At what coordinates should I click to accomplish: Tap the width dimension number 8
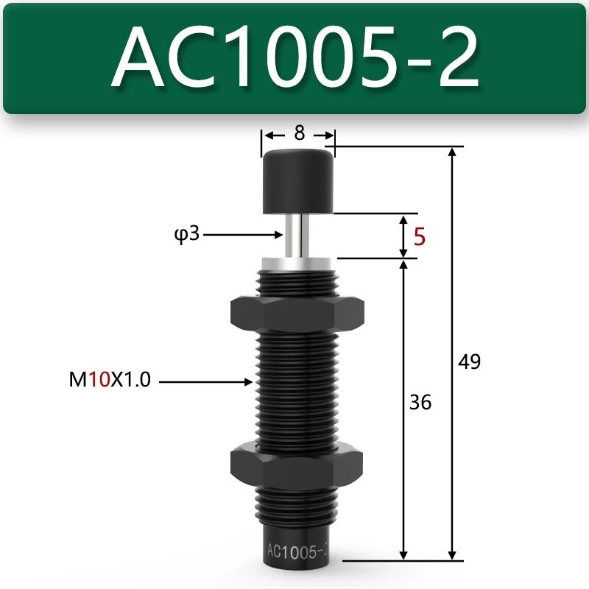[299, 133]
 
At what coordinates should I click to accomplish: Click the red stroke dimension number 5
[420, 236]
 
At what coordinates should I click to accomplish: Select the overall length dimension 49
[469, 361]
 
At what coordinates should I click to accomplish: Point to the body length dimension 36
[420, 403]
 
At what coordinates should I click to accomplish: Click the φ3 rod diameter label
[188, 236]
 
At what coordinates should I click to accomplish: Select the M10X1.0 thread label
[108, 381]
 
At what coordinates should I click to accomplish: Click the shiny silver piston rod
[297, 233]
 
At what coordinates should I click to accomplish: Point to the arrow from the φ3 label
[243, 236]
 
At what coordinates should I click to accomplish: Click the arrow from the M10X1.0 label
[206, 381]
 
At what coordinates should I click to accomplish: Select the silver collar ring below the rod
[297, 261]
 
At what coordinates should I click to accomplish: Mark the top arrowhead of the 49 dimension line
[452, 152]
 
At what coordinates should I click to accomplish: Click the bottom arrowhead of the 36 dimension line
[403, 554]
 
